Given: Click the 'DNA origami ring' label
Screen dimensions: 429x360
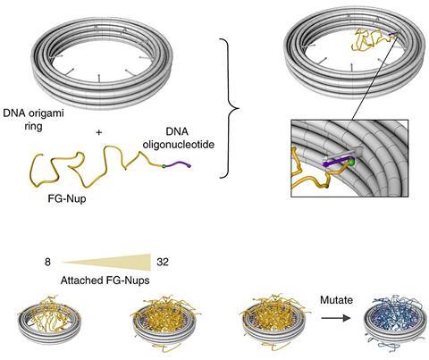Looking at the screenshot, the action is pos(33,120).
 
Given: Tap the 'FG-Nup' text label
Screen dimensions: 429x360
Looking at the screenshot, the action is pos(67,198).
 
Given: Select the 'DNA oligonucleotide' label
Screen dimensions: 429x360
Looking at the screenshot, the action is pos(179,138).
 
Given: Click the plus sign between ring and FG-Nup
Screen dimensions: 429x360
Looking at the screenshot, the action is pos(99,132).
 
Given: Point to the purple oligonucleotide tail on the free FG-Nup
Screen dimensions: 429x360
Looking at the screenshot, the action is pos(178,163).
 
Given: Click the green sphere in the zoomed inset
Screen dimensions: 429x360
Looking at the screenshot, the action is pos(352,162).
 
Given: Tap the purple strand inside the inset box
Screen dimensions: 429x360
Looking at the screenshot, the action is pos(335,163).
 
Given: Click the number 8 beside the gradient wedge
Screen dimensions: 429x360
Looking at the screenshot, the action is pos(47,262).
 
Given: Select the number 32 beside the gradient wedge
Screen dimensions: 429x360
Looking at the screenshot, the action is pos(163,262).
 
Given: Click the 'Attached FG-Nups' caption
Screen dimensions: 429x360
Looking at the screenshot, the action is pos(105,280).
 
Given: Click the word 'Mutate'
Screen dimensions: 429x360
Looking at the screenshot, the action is pos(336,300).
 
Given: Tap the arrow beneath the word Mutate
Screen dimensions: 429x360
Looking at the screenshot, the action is pos(336,318).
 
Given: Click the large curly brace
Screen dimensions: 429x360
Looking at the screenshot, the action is pos(231,108).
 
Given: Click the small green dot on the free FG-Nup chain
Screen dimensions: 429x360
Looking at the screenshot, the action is pos(164,166).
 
